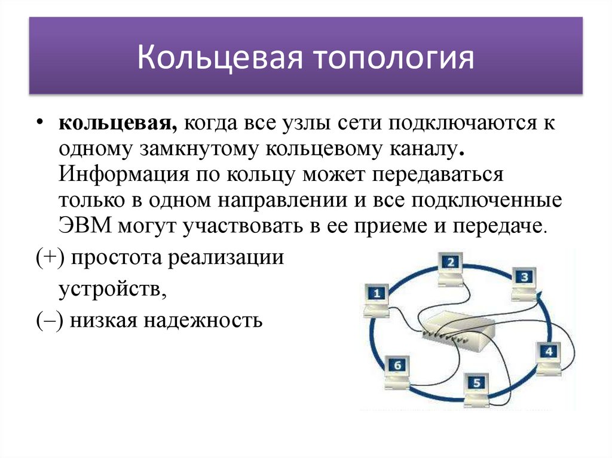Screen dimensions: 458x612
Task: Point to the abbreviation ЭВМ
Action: tap(84, 226)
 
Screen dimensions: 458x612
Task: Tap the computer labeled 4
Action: tap(549, 355)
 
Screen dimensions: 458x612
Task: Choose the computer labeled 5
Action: tap(476, 386)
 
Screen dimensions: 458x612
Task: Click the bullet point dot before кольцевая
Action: tap(39, 122)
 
